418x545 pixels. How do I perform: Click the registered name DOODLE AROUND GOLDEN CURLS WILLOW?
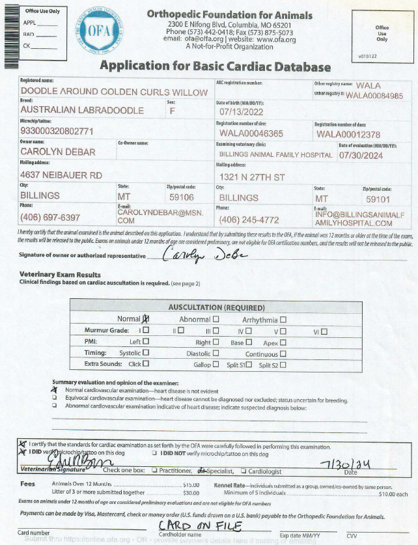click(x=114, y=92)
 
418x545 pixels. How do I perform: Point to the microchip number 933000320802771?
click(x=57, y=131)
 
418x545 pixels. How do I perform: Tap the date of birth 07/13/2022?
click(x=240, y=113)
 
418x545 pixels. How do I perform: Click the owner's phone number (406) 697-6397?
click(x=50, y=217)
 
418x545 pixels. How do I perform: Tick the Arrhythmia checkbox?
click(x=283, y=320)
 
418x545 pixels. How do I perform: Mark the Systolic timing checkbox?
click(x=146, y=353)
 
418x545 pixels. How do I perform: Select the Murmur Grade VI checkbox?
click(x=324, y=331)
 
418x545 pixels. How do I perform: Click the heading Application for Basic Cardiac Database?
click(x=215, y=66)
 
